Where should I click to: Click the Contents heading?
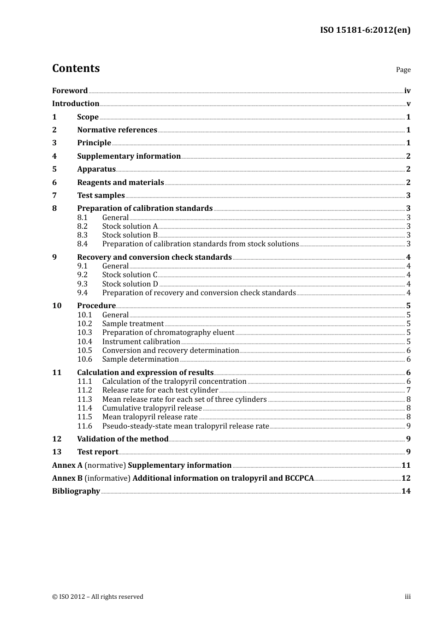point(76,68)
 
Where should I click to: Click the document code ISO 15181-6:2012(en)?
point(365,30)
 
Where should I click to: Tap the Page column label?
point(403,70)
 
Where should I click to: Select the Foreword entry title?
point(70,91)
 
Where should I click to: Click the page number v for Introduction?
point(408,104)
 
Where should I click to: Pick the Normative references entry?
point(117,130)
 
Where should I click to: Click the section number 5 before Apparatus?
point(54,169)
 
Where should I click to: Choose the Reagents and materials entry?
point(120,183)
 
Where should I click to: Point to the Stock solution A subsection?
point(130,227)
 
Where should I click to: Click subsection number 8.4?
point(83,244)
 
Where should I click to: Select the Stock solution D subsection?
point(130,284)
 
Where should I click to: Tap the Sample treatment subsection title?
point(133,324)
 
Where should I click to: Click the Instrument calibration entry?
point(141,342)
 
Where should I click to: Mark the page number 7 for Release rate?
point(408,390)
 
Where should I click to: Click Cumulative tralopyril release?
point(152,408)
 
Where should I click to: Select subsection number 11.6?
point(84,426)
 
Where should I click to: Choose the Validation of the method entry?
point(123,439)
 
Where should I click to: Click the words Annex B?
point(67,478)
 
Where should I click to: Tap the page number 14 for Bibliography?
point(406,491)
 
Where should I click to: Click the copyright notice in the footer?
point(98,597)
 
